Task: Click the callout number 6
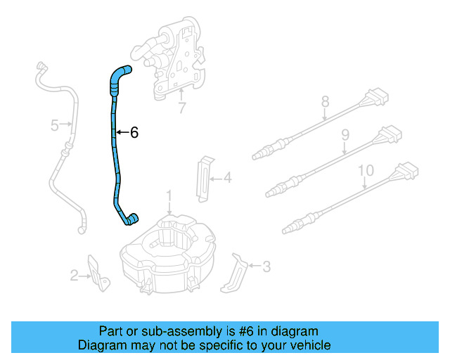coord(134,132)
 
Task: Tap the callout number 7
coord(182,109)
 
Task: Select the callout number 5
coord(54,126)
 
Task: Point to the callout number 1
coord(169,194)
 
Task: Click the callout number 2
coord(74,276)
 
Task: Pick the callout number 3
coord(266,266)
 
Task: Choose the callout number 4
coord(227,179)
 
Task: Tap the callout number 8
coord(325,102)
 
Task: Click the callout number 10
coord(366,170)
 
